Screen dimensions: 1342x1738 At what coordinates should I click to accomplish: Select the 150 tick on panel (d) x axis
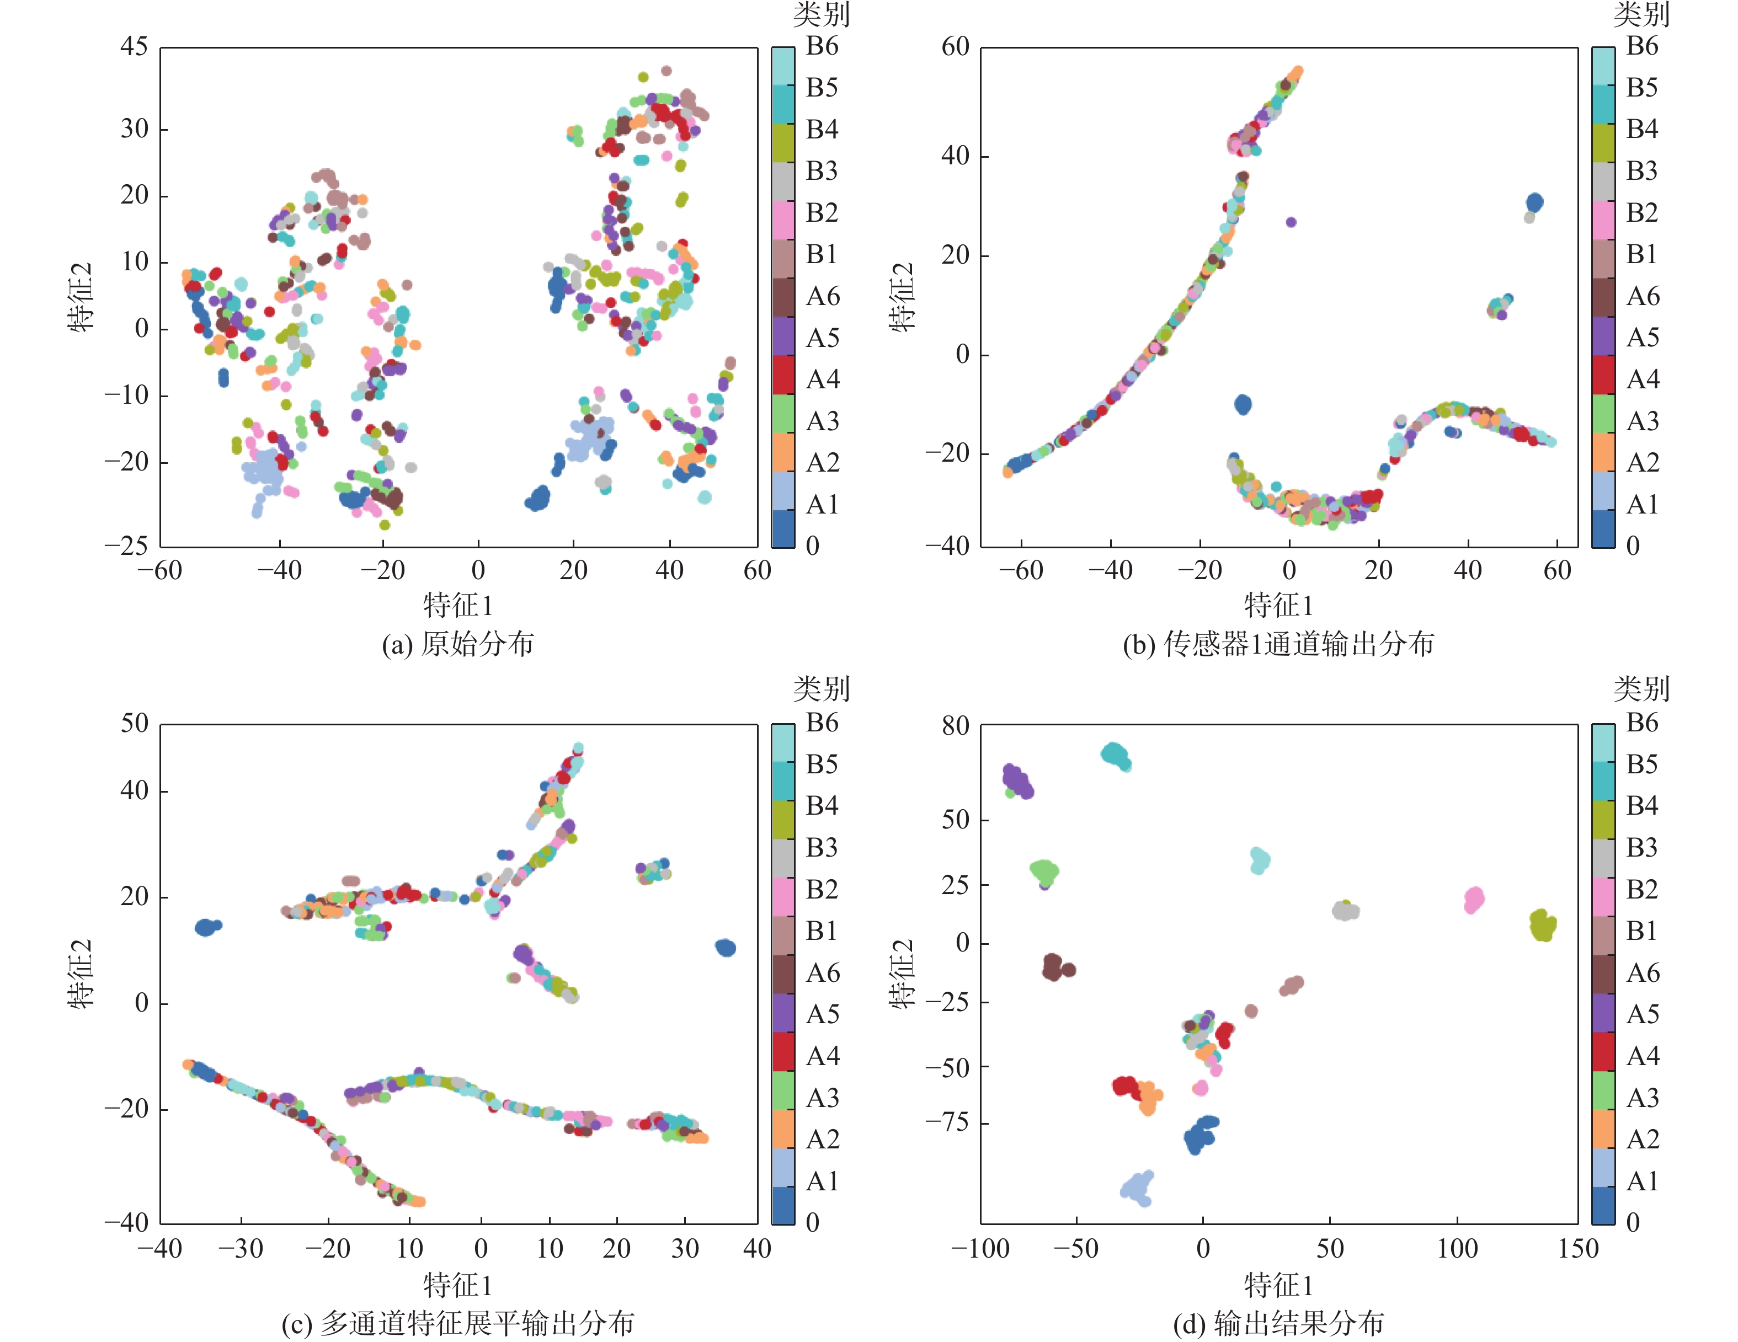coord(1578,1249)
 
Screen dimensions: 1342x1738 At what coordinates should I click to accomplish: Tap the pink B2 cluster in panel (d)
coord(1474,900)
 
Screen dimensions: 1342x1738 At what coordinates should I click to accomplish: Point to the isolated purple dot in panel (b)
coord(1291,222)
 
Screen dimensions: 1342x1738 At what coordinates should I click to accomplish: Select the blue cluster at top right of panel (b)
coord(1534,203)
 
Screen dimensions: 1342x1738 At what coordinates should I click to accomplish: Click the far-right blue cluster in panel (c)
coord(725,948)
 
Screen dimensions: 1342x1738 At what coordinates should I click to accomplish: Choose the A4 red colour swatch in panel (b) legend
coord(1603,375)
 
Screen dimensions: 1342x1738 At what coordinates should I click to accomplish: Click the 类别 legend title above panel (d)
coord(1641,689)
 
